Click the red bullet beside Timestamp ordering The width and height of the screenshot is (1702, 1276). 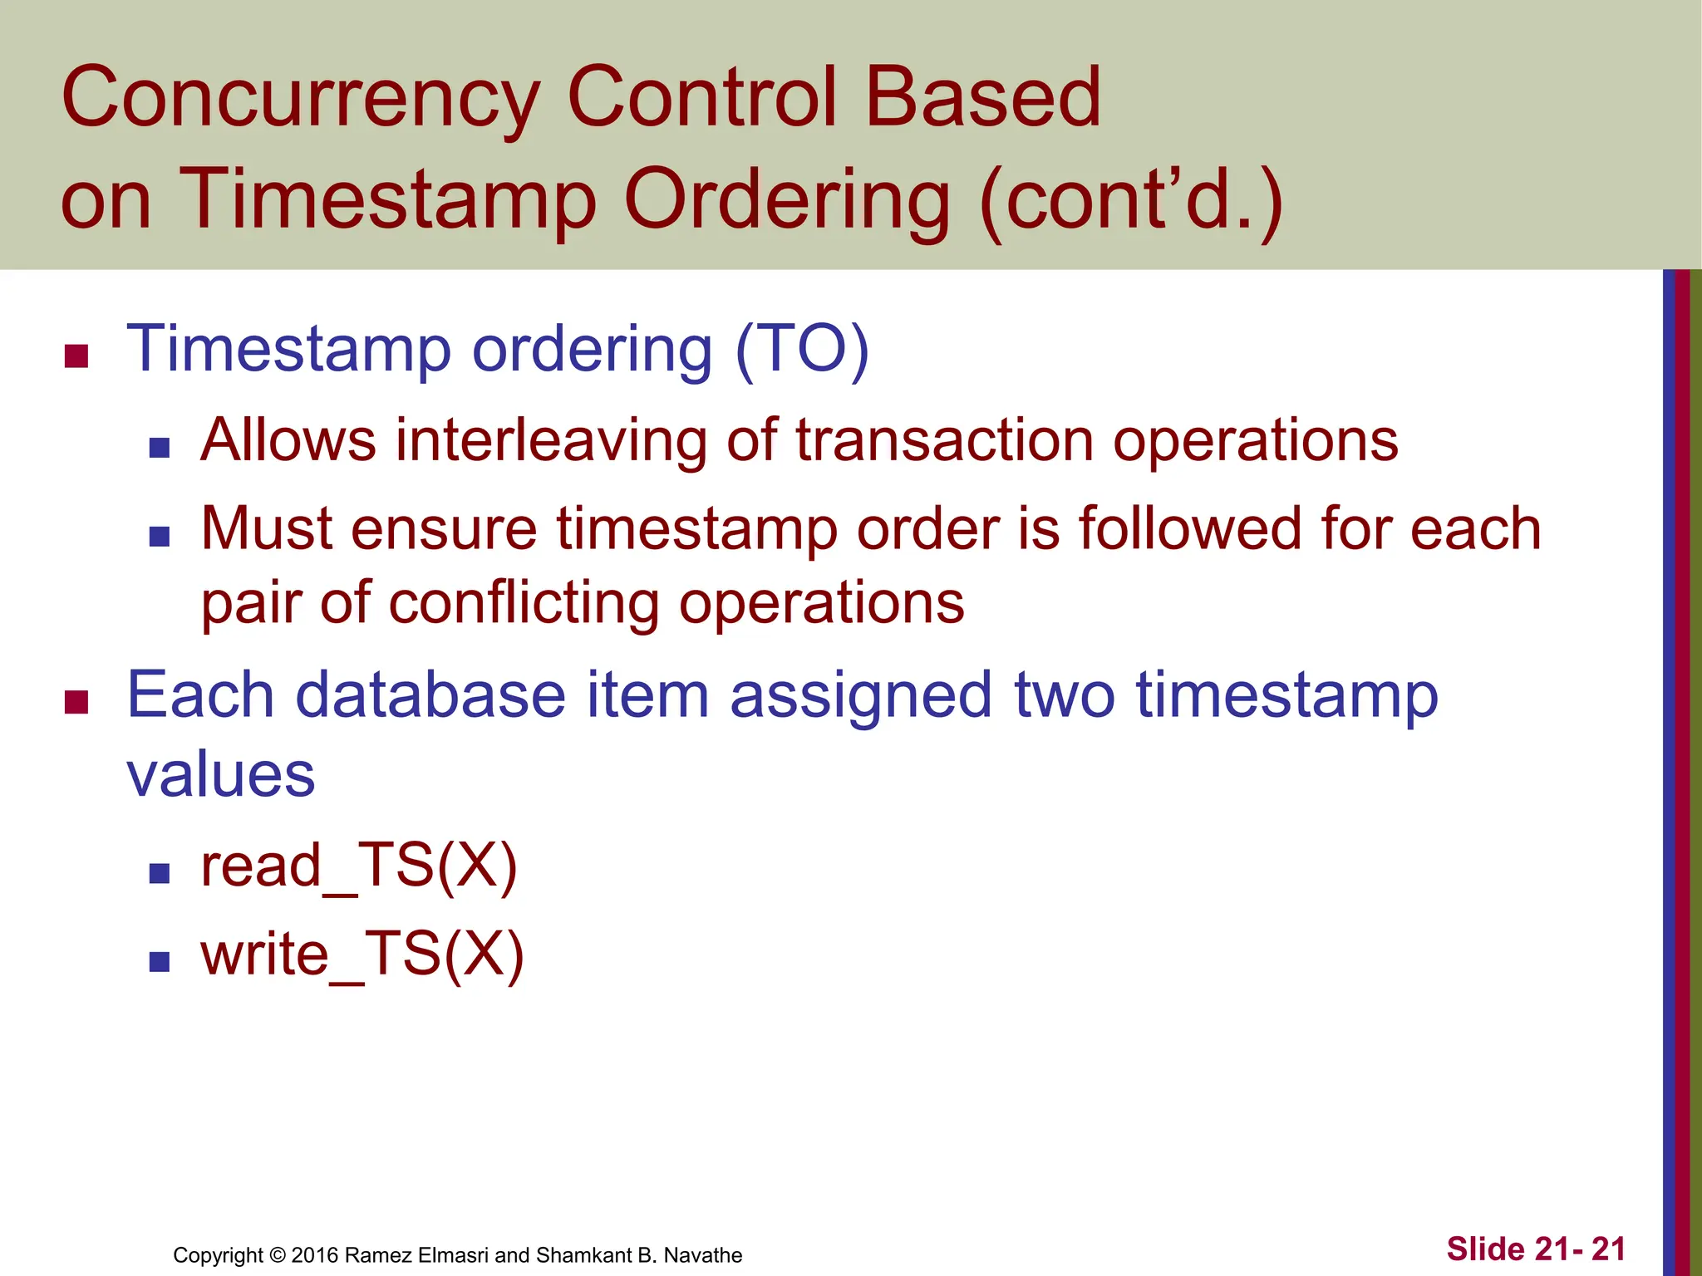point(76,356)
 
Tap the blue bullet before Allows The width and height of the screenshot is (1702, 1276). point(160,449)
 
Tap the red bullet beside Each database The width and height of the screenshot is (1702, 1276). point(76,702)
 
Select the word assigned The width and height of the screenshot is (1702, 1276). point(860,695)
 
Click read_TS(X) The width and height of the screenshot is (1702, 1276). point(359,866)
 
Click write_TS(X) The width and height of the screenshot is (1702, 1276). point(362,955)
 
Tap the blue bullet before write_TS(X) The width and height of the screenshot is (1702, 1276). point(160,962)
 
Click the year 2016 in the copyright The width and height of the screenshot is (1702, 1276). point(315,1255)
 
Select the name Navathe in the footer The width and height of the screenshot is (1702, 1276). point(702,1255)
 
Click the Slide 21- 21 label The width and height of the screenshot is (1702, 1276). point(1535,1249)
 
